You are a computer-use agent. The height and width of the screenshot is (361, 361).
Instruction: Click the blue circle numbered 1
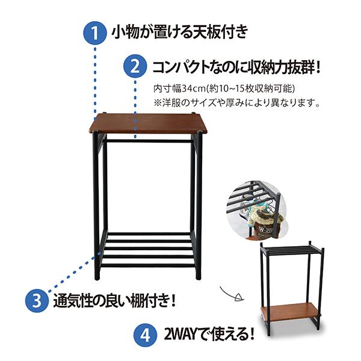pos(94,31)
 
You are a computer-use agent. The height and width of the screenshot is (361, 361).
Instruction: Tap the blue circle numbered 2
pos(135,65)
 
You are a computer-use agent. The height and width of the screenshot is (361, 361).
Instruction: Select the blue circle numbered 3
pos(36,299)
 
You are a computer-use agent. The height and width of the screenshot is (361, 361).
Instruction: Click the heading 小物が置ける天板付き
pos(179,31)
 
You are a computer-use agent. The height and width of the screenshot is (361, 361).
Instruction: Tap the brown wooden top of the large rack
pos(148,123)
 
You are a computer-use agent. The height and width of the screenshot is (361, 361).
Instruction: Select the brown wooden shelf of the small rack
pos(288,312)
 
